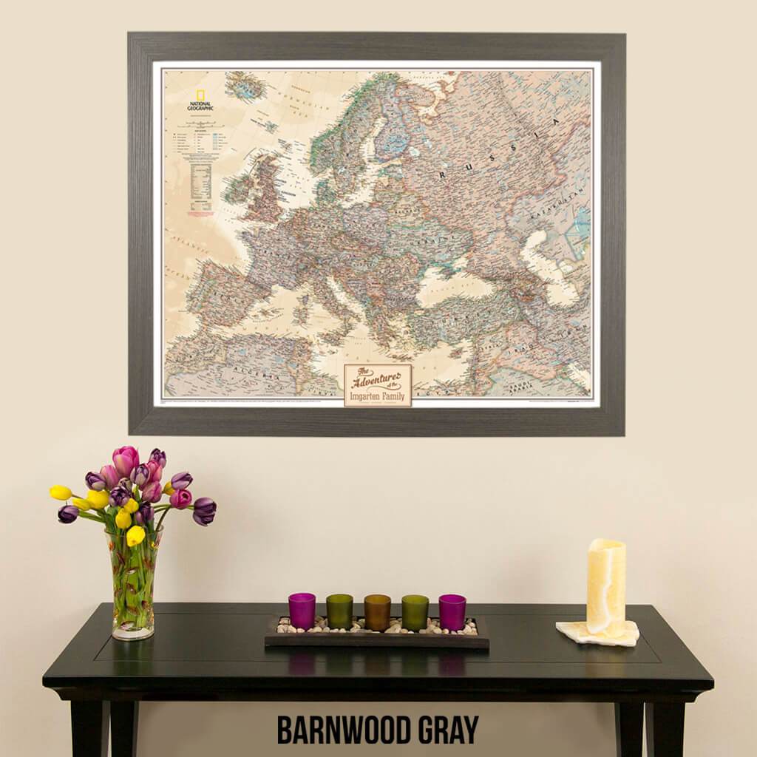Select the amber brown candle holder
coord(377,612)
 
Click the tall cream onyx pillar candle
coord(606,587)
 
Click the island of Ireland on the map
coord(237,189)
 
